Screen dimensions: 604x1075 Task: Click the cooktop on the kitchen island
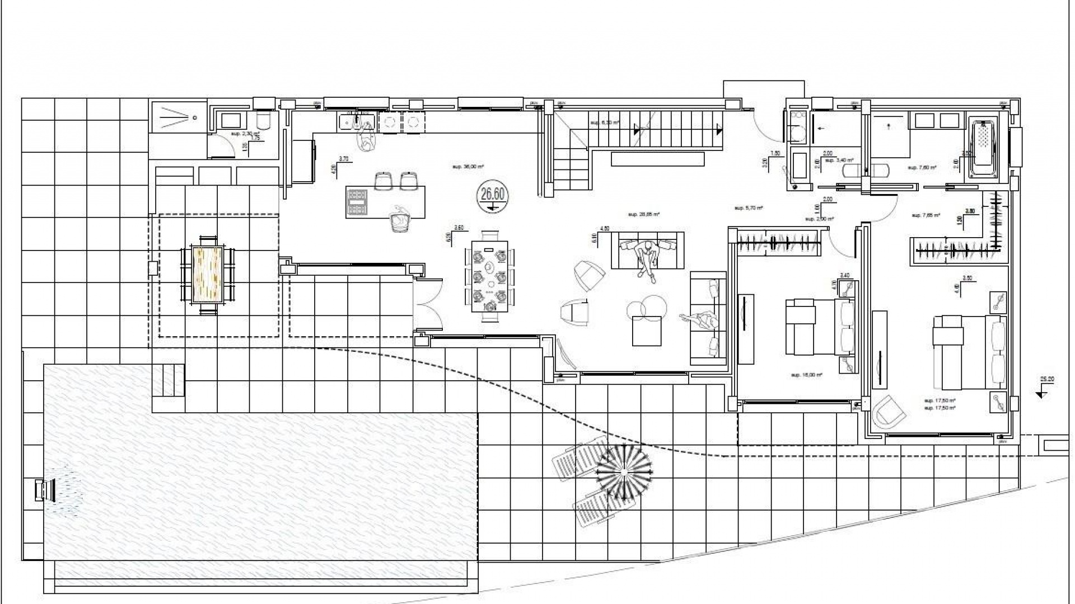tap(357, 202)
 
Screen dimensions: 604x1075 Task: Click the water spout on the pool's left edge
tap(43, 490)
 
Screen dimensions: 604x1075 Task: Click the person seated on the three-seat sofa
tap(647, 256)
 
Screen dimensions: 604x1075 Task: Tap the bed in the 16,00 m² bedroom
tap(820, 327)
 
